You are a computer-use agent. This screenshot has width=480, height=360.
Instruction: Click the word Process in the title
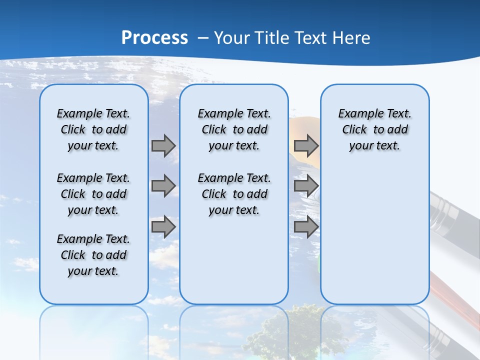tap(154, 38)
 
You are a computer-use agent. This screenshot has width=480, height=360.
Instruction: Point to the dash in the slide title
tap(203, 38)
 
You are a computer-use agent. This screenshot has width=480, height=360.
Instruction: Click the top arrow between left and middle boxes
tap(163, 145)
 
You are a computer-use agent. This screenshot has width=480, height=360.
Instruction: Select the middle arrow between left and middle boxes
tap(163, 186)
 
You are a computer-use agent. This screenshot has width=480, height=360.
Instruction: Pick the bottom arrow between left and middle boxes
tap(163, 227)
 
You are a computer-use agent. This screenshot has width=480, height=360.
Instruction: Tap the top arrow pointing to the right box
tap(306, 145)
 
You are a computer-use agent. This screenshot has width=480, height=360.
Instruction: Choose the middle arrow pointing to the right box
tap(306, 186)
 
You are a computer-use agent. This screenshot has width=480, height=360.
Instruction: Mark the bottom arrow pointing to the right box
tap(306, 227)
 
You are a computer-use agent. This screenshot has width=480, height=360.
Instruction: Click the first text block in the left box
tap(93, 129)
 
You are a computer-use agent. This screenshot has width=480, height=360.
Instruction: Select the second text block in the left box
tap(93, 194)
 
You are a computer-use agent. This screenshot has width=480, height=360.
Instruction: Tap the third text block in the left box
tap(93, 255)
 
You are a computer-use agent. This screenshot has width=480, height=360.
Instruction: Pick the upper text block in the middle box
tap(234, 129)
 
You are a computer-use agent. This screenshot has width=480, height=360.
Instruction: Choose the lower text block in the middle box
tap(234, 194)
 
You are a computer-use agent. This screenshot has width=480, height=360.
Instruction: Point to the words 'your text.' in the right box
tap(374, 146)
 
